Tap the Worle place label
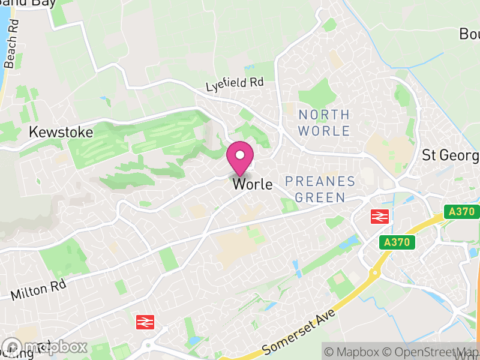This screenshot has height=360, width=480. tap(253, 185)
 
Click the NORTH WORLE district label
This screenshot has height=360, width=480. tap(324, 122)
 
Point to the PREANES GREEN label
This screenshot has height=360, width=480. tap(320, 189)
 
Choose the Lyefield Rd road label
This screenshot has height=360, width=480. tap(235, 85)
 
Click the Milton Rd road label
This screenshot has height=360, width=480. tap(38, 290)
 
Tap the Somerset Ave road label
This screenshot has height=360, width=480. tap(295, 336)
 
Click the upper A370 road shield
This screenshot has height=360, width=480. tap(461, 211)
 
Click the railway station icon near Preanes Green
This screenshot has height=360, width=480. tap(380, 216)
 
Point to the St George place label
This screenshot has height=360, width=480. tap(451, 155)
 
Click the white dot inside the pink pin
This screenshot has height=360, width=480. tap(240, 155)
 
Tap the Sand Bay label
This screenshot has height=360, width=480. tap(36, 2)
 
